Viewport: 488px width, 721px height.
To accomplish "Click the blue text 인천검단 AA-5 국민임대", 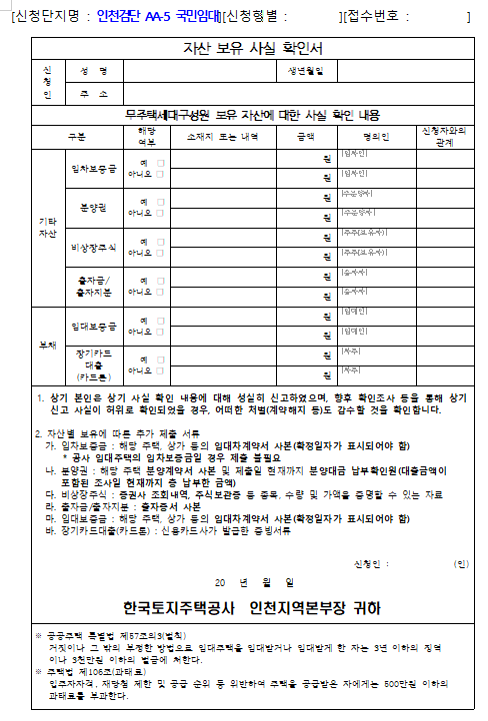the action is (x=159, y=17).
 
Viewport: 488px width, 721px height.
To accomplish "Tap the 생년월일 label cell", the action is (x=305, y=72).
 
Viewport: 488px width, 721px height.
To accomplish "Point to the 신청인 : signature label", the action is (x=369, y=564).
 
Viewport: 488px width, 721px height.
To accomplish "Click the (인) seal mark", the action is (x=461, y=564).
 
